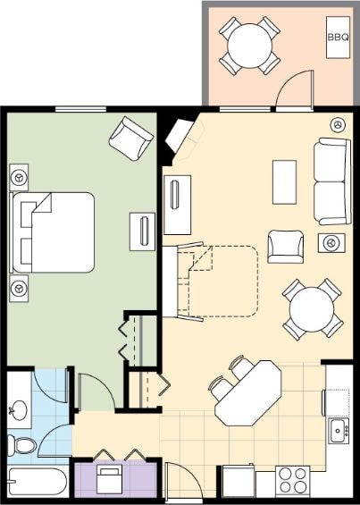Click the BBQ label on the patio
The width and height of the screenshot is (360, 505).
338,38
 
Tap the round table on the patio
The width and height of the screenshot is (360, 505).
249,46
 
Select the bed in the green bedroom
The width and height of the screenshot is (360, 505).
52,232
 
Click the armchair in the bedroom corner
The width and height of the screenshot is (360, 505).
131,139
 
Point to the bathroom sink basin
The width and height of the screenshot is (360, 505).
19,410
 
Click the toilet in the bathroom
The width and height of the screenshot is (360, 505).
21,445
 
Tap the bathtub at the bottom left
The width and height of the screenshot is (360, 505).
38,482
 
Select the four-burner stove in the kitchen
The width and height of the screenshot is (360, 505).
292,481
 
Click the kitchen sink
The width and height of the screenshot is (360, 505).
339,431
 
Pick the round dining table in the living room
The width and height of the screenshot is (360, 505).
312,309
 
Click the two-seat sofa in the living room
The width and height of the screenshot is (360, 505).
332,181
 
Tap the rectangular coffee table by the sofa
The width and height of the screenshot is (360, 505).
284,182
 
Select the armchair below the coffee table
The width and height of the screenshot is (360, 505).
285,247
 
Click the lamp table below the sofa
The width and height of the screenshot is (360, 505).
331,243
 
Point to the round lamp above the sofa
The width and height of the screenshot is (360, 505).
338,124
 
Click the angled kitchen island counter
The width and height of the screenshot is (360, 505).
248,393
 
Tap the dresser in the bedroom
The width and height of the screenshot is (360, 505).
142,231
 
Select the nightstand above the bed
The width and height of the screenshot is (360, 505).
19,177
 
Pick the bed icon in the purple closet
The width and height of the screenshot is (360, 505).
110,479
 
